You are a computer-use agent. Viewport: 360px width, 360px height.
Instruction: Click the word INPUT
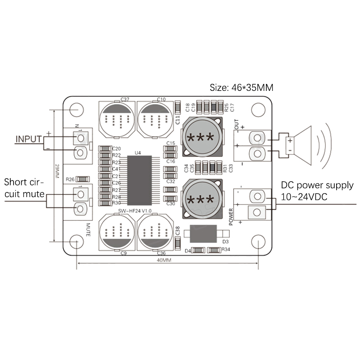point(28,139)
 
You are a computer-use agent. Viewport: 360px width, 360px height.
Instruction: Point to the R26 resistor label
point(70,179)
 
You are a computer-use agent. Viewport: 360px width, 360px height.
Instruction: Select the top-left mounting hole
point(78,109)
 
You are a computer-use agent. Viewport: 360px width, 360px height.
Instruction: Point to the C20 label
point(116,148)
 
